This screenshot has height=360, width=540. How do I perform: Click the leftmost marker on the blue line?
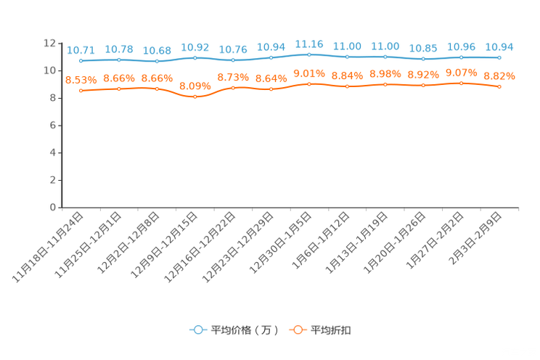[x=81, y=61]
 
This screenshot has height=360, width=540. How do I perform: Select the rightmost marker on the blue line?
[x=499, y=57]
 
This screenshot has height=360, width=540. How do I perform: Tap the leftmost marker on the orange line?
[x=81, y=91]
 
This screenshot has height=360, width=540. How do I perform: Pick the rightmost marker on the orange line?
[x=499, y=87]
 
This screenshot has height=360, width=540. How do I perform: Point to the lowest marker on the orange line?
[x=195, y=97]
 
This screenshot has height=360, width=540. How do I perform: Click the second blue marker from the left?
[x=119, y=60]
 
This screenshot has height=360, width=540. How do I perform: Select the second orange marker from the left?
[x=119, y=88]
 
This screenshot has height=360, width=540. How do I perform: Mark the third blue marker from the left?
[x=157, y=61]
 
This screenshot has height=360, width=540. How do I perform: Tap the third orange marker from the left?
[x=157, y=88]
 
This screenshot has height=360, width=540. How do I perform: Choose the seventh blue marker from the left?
[x=309, y=54]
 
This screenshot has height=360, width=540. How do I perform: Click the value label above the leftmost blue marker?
[x=81, y=50]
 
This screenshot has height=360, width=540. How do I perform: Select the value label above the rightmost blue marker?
[x=499, y=46]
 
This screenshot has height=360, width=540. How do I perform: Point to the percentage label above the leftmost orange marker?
[x=81, y=79]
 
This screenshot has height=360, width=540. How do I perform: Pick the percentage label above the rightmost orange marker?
[x=499, y=75]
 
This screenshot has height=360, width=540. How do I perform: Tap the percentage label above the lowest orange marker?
[x=195, y=85]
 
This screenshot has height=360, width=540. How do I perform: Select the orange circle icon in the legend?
[x=297, y=330]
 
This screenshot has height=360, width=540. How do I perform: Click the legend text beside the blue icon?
[x=245, y=330]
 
